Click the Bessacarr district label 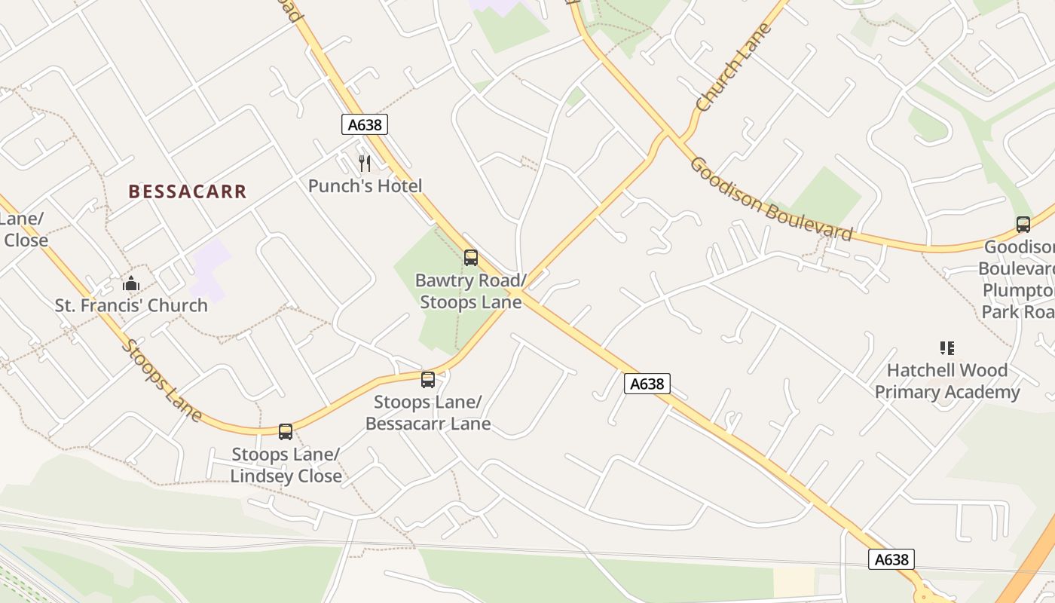tap(187, 191)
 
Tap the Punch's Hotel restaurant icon tap(365, 163)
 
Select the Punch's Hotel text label tap(365, 185)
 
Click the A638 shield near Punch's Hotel tap(365, 124)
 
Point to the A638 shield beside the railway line tap(891, 559)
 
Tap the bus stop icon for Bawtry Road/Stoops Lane tap(471, 258)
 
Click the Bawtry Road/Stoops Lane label tap(470, 292)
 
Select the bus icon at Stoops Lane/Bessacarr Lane tap(428, 380)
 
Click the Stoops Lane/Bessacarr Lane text tap(428, 412)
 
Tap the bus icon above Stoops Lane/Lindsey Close tap(286, 432)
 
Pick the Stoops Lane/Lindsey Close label tap(286, 465)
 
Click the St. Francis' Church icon tap(131, 284)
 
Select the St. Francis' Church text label tap(131, 305)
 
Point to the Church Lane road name tap(735, 68)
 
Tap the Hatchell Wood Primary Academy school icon tap(947, 348)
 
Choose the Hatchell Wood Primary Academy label tap(947, 381)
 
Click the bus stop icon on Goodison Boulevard tap(1023, 225)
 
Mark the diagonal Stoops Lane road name tap(162, 381)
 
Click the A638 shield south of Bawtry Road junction tap(647, 384)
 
